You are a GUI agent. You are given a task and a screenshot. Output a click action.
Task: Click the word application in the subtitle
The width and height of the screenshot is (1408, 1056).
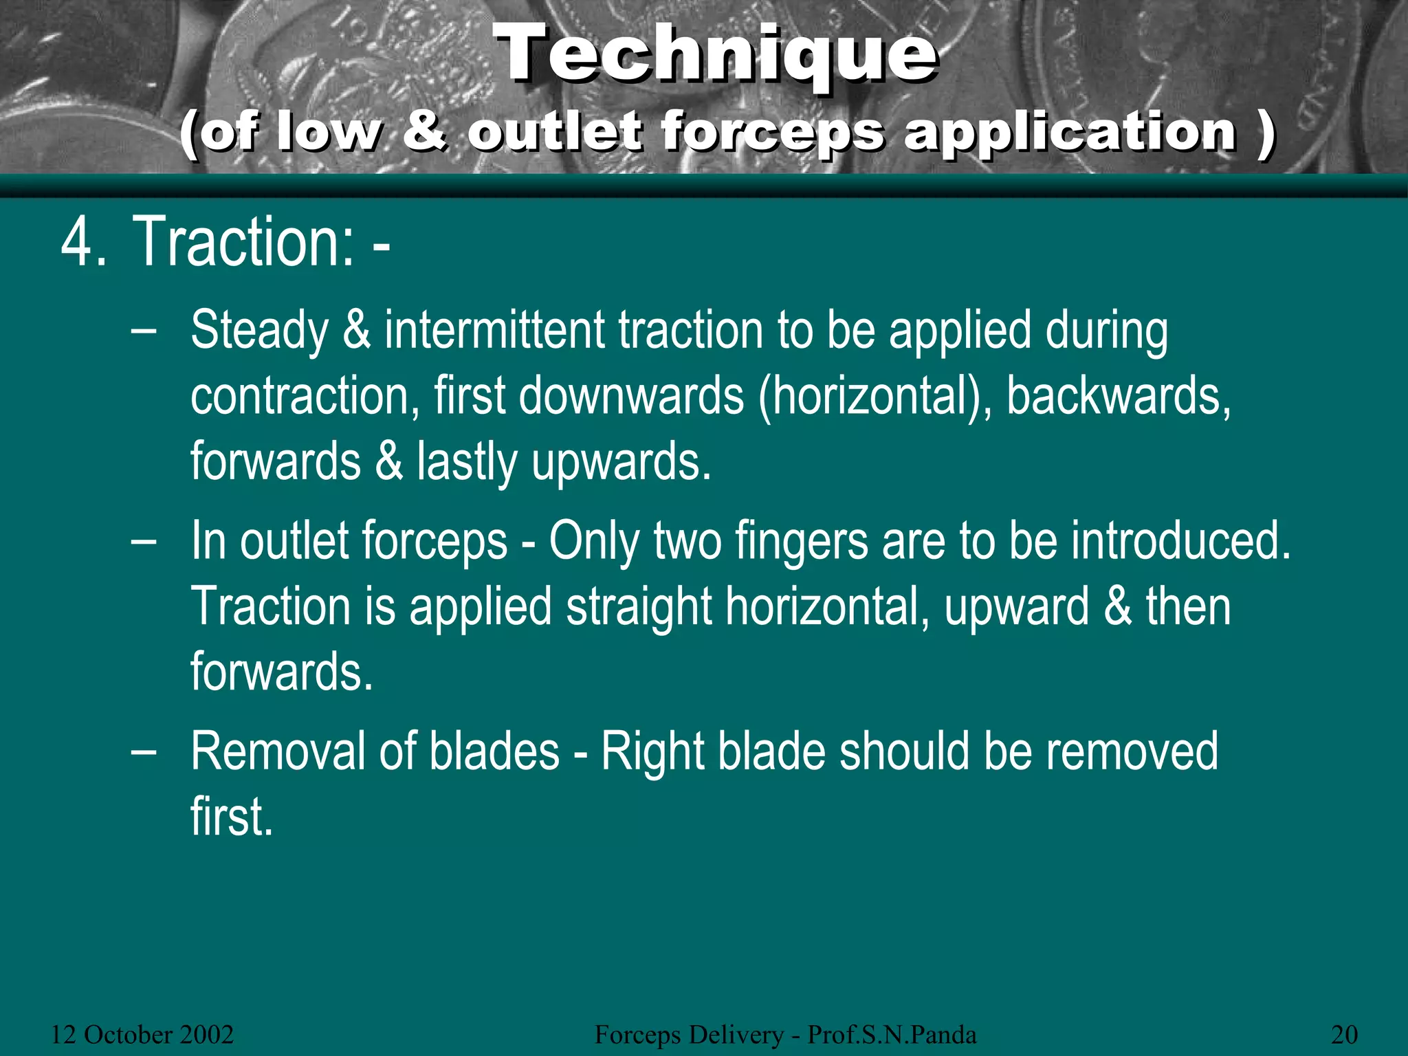click(1070, 132)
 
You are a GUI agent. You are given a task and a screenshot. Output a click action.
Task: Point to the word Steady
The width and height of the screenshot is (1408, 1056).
click(259, 331)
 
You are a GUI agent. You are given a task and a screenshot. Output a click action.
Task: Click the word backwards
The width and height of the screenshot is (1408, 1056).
click(1118, 397)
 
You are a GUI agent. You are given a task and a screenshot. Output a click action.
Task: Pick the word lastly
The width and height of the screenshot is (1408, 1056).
click(466, 462)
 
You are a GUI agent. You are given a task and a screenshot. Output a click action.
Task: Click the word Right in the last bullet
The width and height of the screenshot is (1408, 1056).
click(652, 752)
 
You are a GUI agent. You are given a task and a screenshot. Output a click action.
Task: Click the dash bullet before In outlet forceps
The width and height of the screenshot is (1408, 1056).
click(143, 541)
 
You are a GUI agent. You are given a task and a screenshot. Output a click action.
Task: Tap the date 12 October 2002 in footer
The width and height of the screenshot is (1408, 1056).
click(142, 1034)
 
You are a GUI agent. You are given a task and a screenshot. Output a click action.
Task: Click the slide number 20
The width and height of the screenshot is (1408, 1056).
click(1344, 1034)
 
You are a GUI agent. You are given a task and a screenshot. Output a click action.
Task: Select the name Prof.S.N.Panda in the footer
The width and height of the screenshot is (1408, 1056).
click(892, 1034)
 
